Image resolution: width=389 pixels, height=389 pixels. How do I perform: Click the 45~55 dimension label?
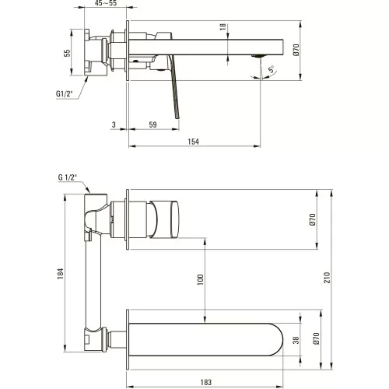pos(106,3)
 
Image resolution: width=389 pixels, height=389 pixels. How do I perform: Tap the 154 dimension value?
pos(193,142)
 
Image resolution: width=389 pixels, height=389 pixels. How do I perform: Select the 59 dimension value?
pos(153,124)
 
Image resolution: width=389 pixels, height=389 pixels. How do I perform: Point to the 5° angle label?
pos(272,69)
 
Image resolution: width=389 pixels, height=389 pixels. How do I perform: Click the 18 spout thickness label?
pos(223,27)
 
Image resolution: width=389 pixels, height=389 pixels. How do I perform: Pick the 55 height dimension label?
pos(67,53)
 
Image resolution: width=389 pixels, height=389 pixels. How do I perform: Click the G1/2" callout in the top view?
pos(64,93)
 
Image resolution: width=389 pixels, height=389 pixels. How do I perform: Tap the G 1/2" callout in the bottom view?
pos(68,177)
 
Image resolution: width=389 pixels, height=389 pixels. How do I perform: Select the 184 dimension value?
pos(60,274)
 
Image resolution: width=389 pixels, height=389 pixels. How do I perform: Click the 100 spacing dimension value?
pos(201,280)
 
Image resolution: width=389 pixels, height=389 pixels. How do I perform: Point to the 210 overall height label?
pos(328,278)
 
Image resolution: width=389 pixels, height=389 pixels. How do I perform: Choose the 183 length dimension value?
pos(206,382)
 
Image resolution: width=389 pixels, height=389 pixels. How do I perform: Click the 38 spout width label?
pos(296,340)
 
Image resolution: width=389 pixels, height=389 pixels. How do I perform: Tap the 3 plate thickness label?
pos(114,124)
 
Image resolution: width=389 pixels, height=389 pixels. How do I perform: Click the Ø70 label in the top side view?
pos(296,50)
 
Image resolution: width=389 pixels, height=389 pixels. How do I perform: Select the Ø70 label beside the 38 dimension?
pos(316,338)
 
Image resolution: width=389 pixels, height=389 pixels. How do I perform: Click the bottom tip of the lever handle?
pos(178,118)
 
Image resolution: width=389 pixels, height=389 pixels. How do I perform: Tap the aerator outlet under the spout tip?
pos(257,56)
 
